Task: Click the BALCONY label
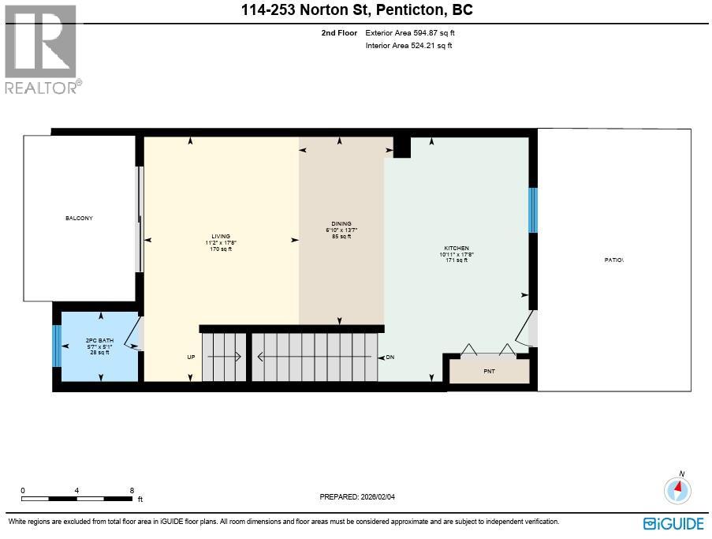click(x=79, y=218)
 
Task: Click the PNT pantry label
click(x=489, y=371)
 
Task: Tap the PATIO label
click(x=614, y=260)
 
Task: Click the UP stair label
click(x=191, y=357)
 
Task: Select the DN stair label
click(x=390, y=357)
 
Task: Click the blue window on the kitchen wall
click(x=533, y=211)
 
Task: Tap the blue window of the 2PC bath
click(x=57, y=346)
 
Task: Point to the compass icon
click(x=677, y=490)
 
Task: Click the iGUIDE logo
click(x=673, y=523)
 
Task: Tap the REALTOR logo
click(x=43, y=50)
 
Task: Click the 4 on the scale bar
click(x=76, y=490)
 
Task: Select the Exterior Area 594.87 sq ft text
click(x=410, y=32)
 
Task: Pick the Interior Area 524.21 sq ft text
click(x=408, y=46)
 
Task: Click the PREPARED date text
click(x=357, y=496)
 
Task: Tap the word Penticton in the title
click(x=411, y=10)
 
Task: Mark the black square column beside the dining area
click(x=402, y=147)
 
